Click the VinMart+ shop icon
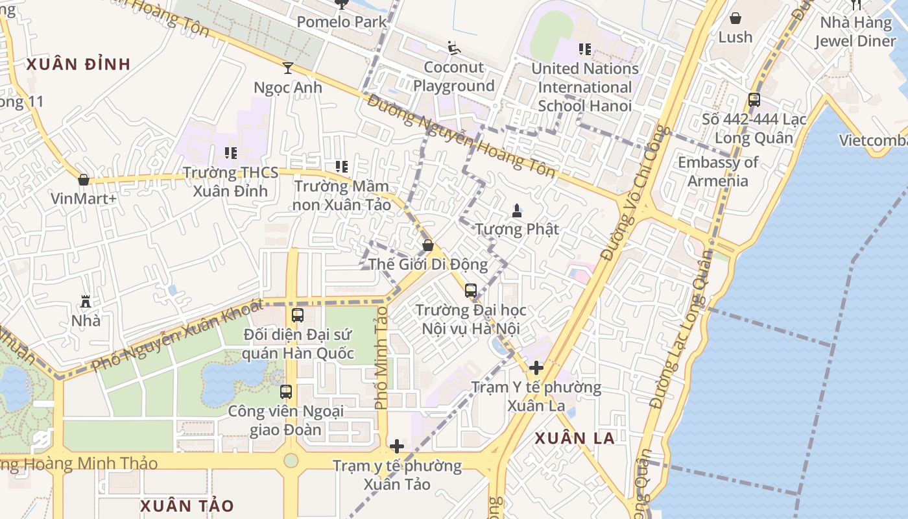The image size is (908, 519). (x=84, y=180)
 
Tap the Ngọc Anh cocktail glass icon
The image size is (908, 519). (x=288, y=67)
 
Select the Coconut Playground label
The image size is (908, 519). (x=454, y=77)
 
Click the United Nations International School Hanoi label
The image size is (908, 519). (x=585, y=87)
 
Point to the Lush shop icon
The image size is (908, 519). (x=735, y=18)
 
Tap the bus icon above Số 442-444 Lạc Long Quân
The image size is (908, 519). (x=754, y=100)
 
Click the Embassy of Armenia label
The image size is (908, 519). (x=718, y=171)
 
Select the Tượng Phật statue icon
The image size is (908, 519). (x=517, y=210)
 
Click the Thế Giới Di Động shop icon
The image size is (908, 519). (x=428, y=245)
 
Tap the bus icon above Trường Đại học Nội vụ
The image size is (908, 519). (x=471, y=291)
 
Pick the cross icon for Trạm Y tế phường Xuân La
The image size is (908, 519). (x=536, y=368)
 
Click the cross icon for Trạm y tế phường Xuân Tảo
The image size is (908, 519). (x=397, y=446)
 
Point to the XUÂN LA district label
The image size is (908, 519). (x=575, y=439)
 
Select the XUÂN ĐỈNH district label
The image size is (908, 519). (x=78, y=64)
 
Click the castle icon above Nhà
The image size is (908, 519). (x=85, y=301)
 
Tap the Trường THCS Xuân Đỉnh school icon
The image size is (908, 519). (x=231, y=153)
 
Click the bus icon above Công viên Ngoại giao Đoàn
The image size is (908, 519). (x=286, y=392)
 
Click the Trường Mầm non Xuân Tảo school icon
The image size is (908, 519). (x=342, y=167)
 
